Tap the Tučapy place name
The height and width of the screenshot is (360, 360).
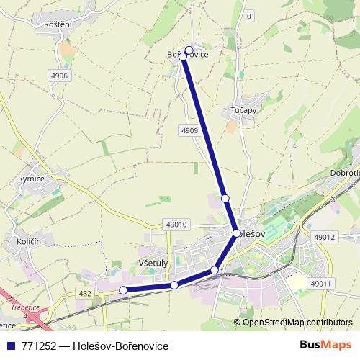click(x=244, y=110)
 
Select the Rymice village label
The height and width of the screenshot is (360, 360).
click(x=32, y=179)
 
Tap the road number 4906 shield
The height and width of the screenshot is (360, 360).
click(x=59, y=75)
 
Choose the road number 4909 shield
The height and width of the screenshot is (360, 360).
click(x=189, y=130)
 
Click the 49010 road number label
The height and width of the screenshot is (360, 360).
click(x=175, y=225)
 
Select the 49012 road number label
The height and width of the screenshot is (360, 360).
click(x=325, y=236)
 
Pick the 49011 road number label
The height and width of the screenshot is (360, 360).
click(x=320, y=284)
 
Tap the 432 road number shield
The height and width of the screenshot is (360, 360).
click(x=86, y=293)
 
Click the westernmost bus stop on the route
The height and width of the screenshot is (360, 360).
click(x=123, y=290)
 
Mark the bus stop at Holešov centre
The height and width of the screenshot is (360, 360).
click(x=236, y=233)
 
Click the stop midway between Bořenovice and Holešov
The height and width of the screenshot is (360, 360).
click(x=225, y=198)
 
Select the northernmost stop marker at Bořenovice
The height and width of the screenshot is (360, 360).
click(x=189, y=50)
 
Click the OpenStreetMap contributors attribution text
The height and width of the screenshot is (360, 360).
click(x=297, y=323)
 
